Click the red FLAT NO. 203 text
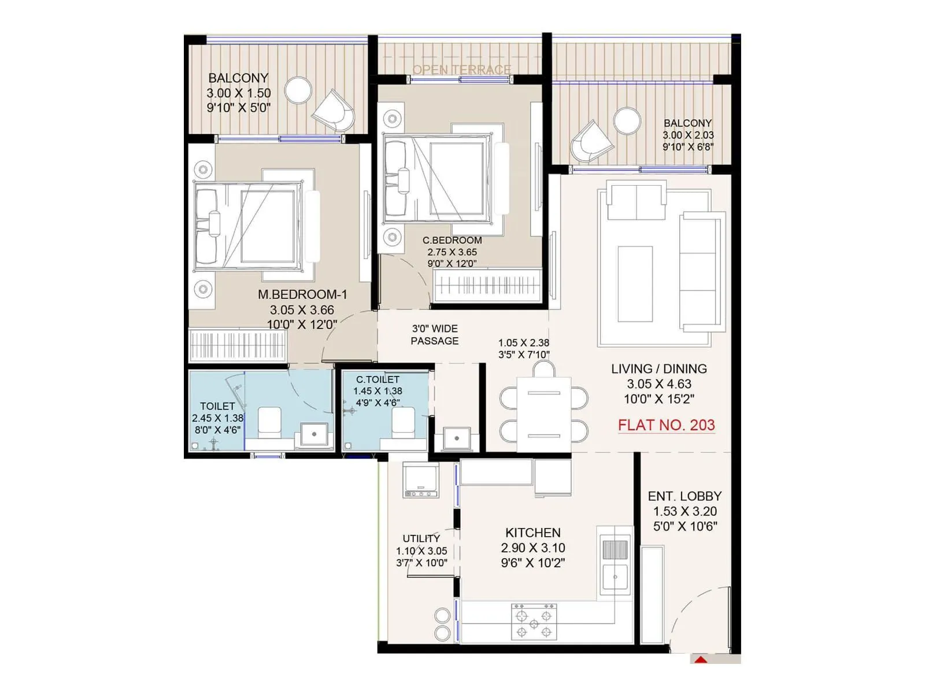pos(666,425)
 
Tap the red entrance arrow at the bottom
pos(701,660)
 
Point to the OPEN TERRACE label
pos(461,69)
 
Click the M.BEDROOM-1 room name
pos(302,294)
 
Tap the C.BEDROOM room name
pos(452,240)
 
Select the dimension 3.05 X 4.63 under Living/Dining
pos(659,384)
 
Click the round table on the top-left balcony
pos(298,91)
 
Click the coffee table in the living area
pos(635,283)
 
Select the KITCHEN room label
pos(533,533)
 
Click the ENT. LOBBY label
pos(684,496)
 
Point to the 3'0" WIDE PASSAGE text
pos(435,335)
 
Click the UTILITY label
pos(421,538)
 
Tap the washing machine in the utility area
pos(420,480)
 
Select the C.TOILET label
pos(378,379)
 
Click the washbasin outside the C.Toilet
pos(457,438)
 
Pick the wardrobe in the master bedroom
pos(238,345)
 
